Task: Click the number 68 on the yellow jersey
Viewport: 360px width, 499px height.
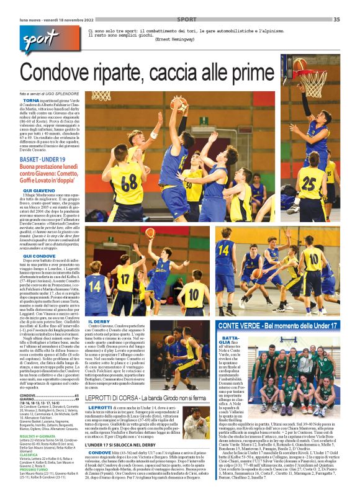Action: (x=129, y=184)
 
